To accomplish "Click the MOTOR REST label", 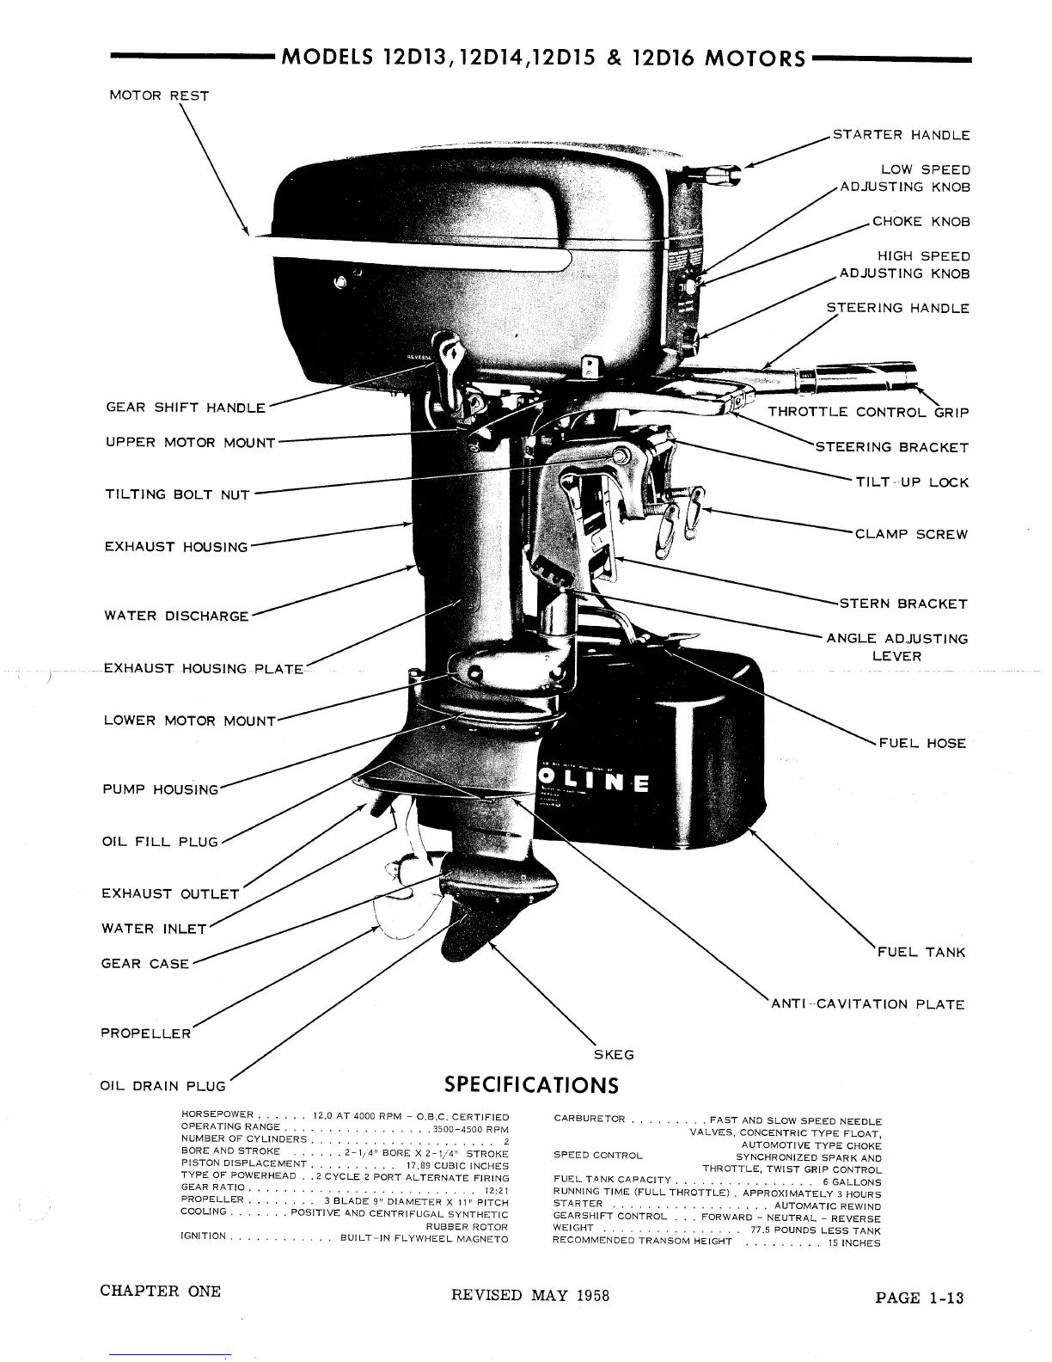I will pyautogui.click(x=159, y=95).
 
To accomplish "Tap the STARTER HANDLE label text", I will pyautogui.click(x=901, y=135).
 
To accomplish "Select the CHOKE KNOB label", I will pyautogui.click(x=921, y=221).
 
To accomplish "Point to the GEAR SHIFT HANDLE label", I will pyautogui.click(x=185, y=408).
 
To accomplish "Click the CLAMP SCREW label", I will pyautogui.click(x=911, y=534).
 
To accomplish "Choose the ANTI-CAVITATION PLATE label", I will pyautogui.click(x=866, y=1004).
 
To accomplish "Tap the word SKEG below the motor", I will pyautogui.click(x=614, y=1054).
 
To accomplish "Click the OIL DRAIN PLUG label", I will pyautogui.click(x=163, y=1086).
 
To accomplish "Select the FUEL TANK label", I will pyautogui.click(x=921, y=952).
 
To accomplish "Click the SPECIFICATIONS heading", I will pyautogui.click(x=531, y=1084).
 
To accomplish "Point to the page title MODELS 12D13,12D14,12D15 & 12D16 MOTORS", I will pyautogui.click(x=543, y=58).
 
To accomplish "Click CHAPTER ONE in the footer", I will pyautogui.click(x=160, y=1291).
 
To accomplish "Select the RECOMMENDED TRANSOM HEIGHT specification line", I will pyautogui.click(x=716, y=1242).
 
